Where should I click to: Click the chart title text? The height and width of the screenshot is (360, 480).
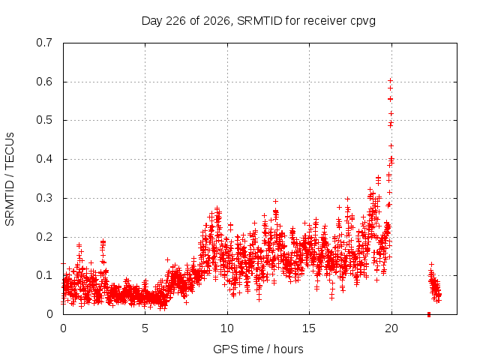click(259, 21)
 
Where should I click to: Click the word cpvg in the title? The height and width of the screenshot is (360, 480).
click(363, 22)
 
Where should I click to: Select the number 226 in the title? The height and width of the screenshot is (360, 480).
click(175, 21)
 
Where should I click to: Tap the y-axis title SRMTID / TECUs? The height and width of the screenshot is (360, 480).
click(10, 179)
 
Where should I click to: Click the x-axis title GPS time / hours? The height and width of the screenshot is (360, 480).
click(258, 349)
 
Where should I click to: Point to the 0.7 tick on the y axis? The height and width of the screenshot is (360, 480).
click(44, 43)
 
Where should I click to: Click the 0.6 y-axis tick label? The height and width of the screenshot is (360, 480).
click(44, 82)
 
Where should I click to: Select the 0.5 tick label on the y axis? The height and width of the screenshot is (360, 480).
click(44, 120)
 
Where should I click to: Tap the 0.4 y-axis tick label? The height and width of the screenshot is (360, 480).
click(44, 159)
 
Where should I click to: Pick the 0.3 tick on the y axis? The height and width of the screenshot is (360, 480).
click(44, 198)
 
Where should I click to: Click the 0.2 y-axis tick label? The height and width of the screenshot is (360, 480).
click(44, 237)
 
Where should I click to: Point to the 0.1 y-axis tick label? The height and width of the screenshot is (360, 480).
click(44, 275)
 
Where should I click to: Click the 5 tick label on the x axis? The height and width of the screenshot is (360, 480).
click(145, 328)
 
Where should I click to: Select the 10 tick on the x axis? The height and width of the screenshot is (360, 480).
click(227, 328)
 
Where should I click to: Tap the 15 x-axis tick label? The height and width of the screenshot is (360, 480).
click(309, 328)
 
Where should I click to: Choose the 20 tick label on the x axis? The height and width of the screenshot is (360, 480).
click(391, 328)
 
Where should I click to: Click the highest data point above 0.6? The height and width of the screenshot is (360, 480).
click(390, 80)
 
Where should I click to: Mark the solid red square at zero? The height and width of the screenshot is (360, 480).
click(429, 314)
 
